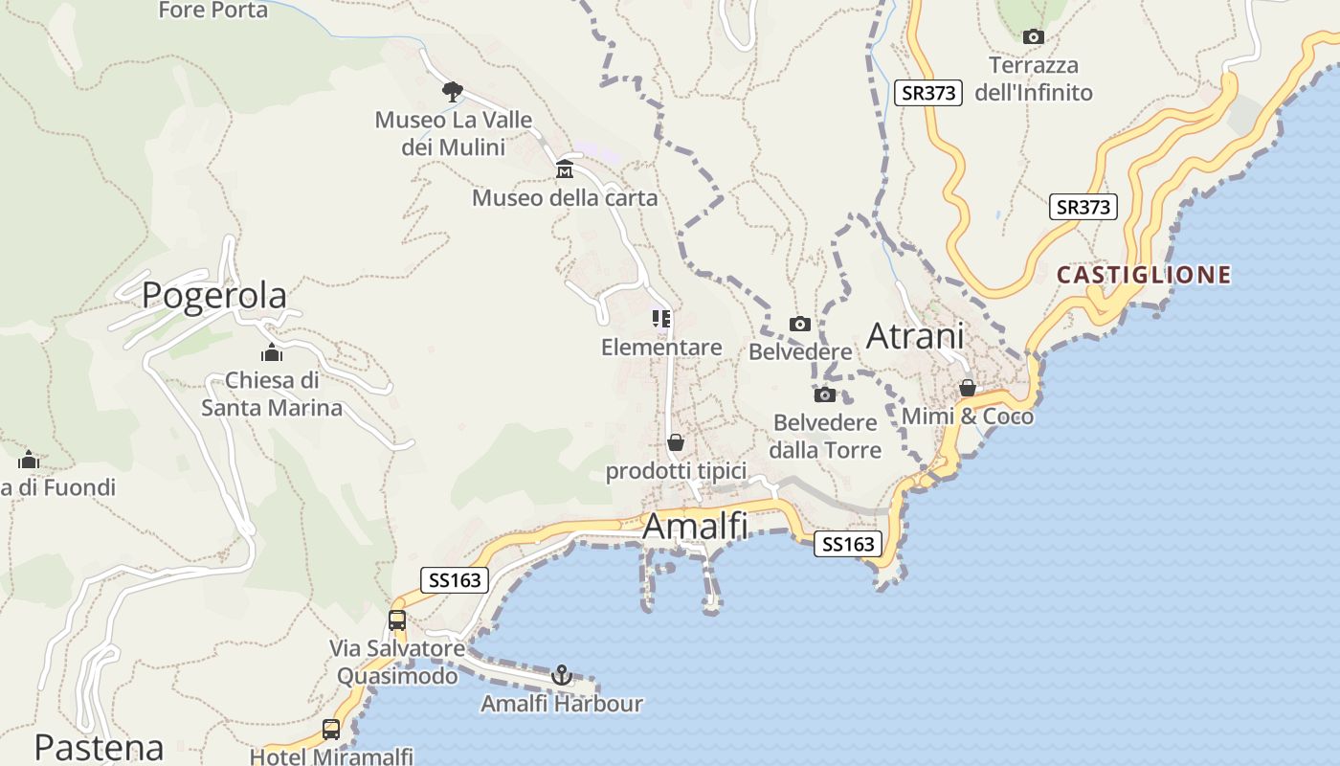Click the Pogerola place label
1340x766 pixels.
click(x=214, y=296)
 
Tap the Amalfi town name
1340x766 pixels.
click(x=695, y=527)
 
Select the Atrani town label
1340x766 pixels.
click(x=915, y=336)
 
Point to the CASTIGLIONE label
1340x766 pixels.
click(x=1144, y=276)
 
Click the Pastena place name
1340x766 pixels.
click(x=99, y=747)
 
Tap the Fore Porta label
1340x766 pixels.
click(x=212, y=11)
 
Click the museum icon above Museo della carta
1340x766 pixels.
click(x=565, y=170)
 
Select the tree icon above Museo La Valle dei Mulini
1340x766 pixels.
click(x=453, y=92)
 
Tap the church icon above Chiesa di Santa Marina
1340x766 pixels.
click(x=272, y=352)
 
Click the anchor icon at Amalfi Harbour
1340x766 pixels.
click(x=562, y=675)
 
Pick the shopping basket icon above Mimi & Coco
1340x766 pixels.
click(x=968, y=388)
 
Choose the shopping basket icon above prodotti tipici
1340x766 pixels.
click(x=676, y=442)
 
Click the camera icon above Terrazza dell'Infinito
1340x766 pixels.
click(x=1033, y=37)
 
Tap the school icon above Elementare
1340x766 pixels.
click(x=661, y=318)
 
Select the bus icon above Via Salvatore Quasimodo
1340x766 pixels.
click(x=397, y=620)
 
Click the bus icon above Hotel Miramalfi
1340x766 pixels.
click(x=331, y=729)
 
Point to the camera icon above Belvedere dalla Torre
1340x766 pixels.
click(x=824, y=394)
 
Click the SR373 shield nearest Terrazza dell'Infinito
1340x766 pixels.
click(x=927, y=93)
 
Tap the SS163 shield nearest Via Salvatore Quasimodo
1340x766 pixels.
click(x=455, y=579)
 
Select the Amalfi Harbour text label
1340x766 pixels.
click(x=562, y=704)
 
